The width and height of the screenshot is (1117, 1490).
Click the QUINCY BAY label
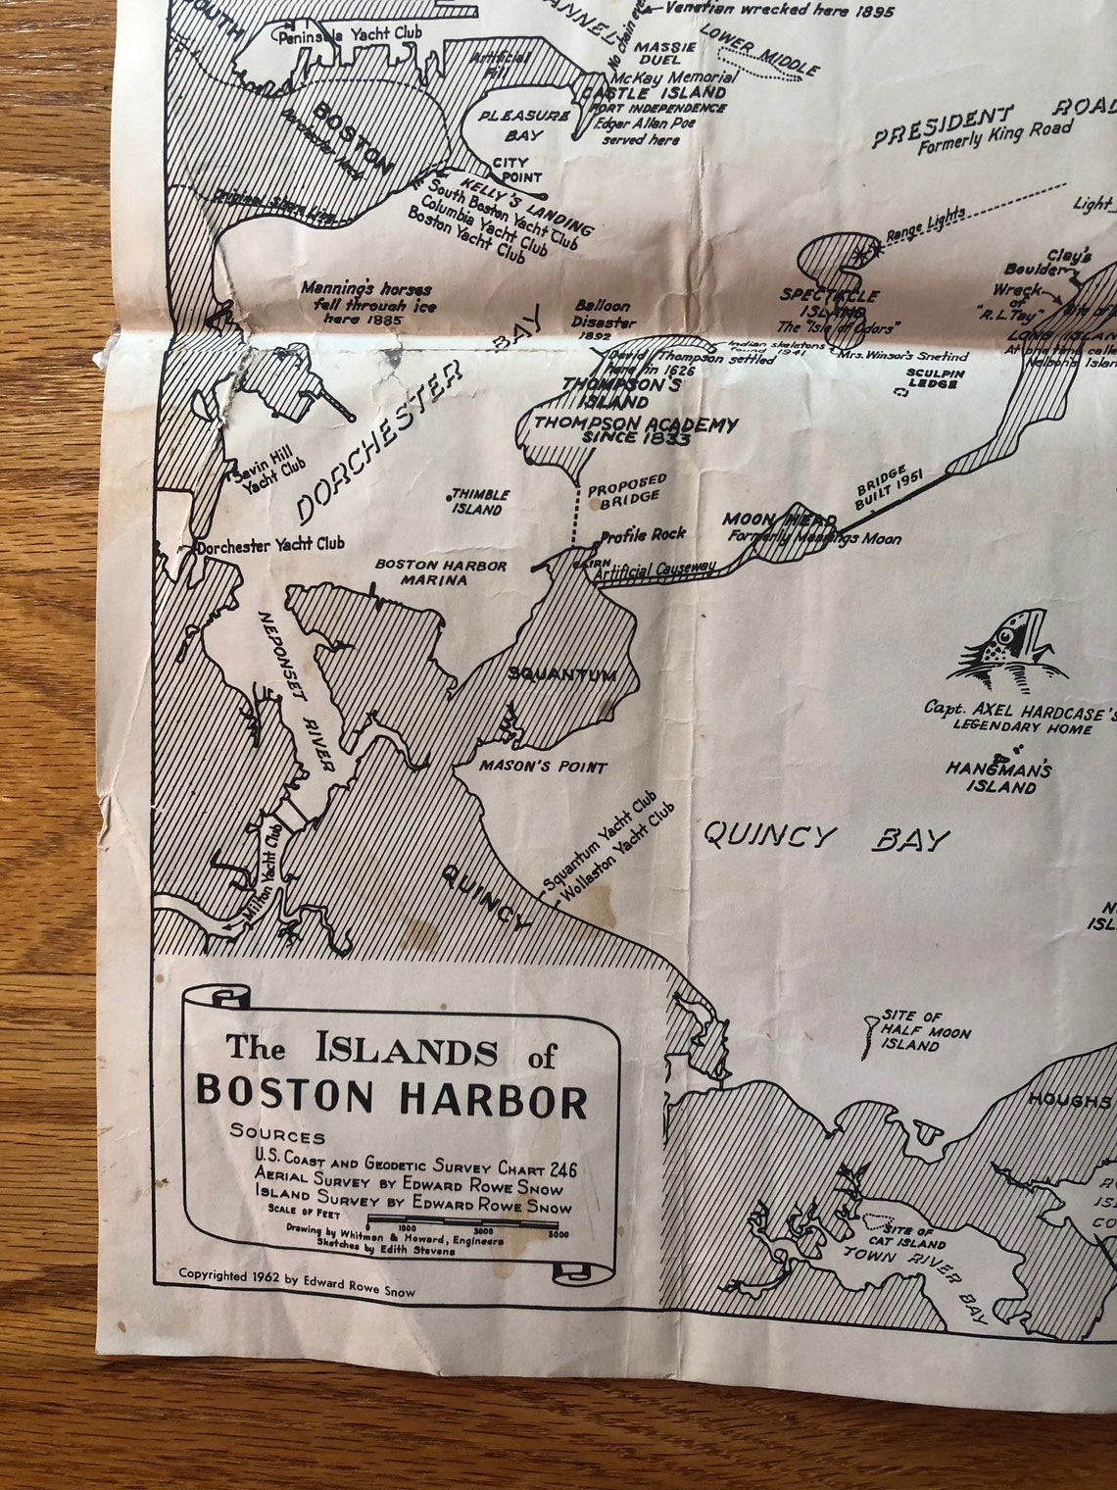point(826,837)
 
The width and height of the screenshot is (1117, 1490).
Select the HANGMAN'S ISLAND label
point(998,777)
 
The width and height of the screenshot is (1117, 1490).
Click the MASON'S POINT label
point(543,767)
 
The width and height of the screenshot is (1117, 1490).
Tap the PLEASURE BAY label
point(523,123)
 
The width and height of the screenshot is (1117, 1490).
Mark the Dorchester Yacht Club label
point(270,544)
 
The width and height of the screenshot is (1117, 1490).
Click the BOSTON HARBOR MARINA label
point(441,572)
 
